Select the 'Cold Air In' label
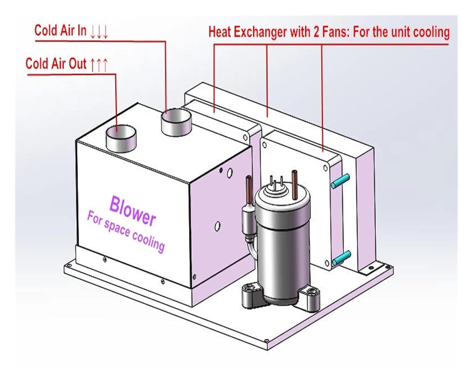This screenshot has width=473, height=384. click(x=60, y=31)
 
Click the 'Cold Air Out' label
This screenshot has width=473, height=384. click(x=56, y=63)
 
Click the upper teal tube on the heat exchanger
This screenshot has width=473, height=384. click(x=341, y=181)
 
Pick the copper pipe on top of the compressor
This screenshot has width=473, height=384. click(x=295, y=185)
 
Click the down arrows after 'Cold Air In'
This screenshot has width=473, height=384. click(x=99, y=32)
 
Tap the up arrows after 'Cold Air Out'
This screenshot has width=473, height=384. click(x=99, y=65)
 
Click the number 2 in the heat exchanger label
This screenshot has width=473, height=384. click(x=316, y=32)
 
